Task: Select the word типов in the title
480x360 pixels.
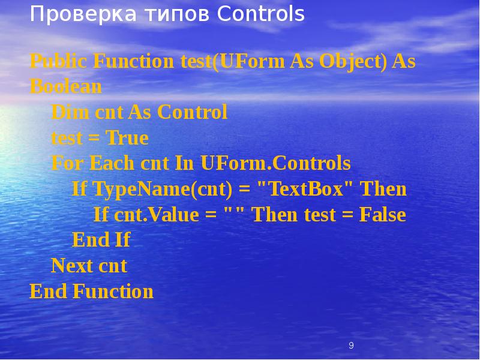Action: (169, 14)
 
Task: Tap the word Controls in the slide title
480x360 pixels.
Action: (261, 14)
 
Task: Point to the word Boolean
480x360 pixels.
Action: (65, 87)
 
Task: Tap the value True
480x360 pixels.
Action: (127, 138)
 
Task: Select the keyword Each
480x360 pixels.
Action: (111, 163)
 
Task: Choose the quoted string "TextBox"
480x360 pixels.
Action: (305, 190)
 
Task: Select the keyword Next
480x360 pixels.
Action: (71, 266)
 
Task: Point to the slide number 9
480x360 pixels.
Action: (351, 346)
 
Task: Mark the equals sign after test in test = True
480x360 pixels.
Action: (94, 139)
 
